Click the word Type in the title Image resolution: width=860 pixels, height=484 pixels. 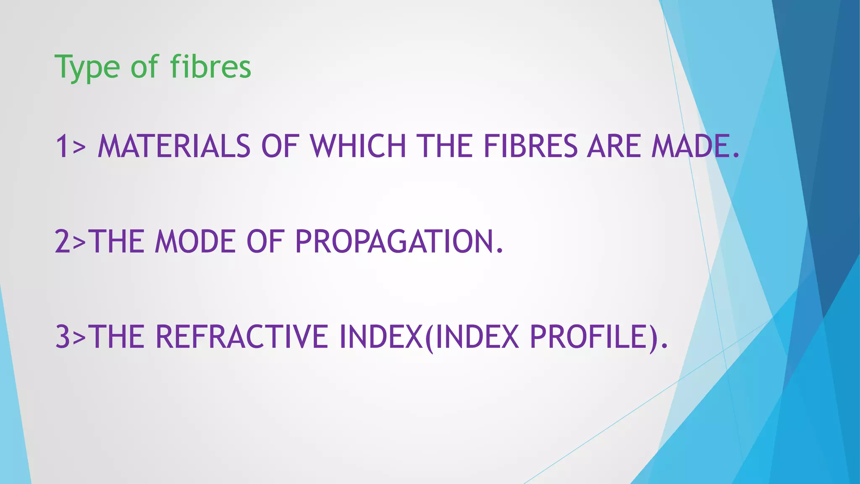tap(87, 67)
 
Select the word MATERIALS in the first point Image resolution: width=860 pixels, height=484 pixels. tap(174, 146)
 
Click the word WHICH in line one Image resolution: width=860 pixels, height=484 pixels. tap(358, 146)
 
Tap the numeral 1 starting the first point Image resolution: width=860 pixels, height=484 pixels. tap(62, 146)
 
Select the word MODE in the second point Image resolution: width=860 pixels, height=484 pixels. tap(195, 242)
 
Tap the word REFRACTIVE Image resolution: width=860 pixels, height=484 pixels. tap(242, 337)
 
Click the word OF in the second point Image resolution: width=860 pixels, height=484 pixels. tap(265, 242)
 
